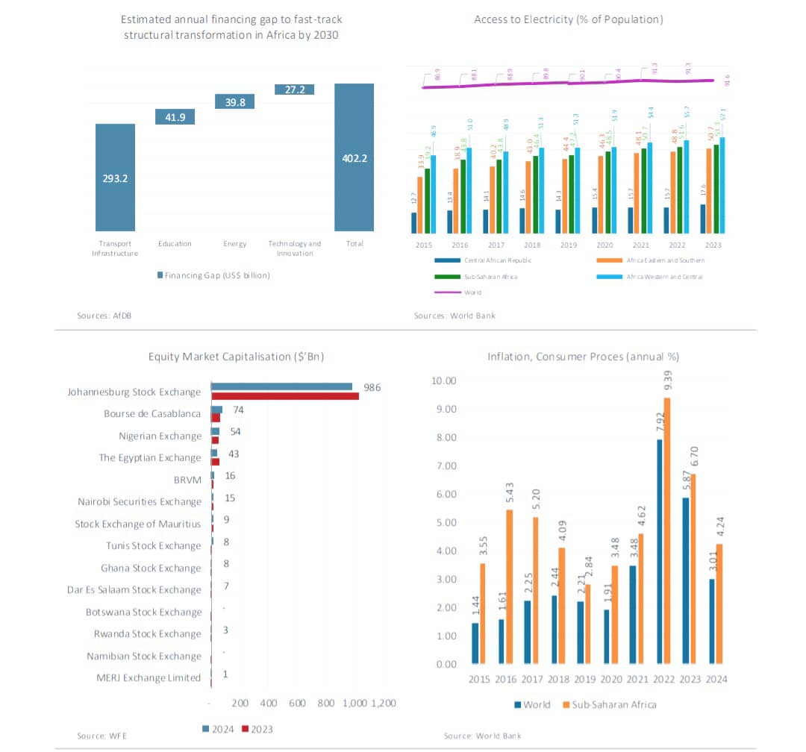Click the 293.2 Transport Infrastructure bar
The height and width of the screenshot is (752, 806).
(x=115, y=178)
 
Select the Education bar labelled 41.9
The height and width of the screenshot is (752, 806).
(x=175, y=116)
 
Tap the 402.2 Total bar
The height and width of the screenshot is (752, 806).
(x=354, y=157)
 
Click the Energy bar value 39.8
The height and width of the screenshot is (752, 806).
(x=235, y=102)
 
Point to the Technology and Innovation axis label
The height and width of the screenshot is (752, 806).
(x=295, y=248)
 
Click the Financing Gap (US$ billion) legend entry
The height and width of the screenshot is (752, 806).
(x=213, y=275)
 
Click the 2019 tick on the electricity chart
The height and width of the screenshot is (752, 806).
(x=569, y=245)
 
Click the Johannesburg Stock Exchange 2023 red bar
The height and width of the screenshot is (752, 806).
(x=284, y=395)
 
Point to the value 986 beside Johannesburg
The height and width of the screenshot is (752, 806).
(x=372, y=388)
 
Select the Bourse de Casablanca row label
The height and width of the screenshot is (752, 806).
(x=152, y=413)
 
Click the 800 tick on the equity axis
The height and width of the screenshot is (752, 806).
(x=325, y=703)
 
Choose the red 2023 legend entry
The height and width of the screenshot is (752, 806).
(x=257, y=729)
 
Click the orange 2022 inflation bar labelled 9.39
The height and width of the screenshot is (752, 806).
(x=667, y=530)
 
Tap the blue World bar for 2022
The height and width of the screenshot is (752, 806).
(x=658, y=551)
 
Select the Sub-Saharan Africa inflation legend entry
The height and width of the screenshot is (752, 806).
(x=609, y=704)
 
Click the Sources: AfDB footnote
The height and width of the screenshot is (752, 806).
(x=99, y=316)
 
